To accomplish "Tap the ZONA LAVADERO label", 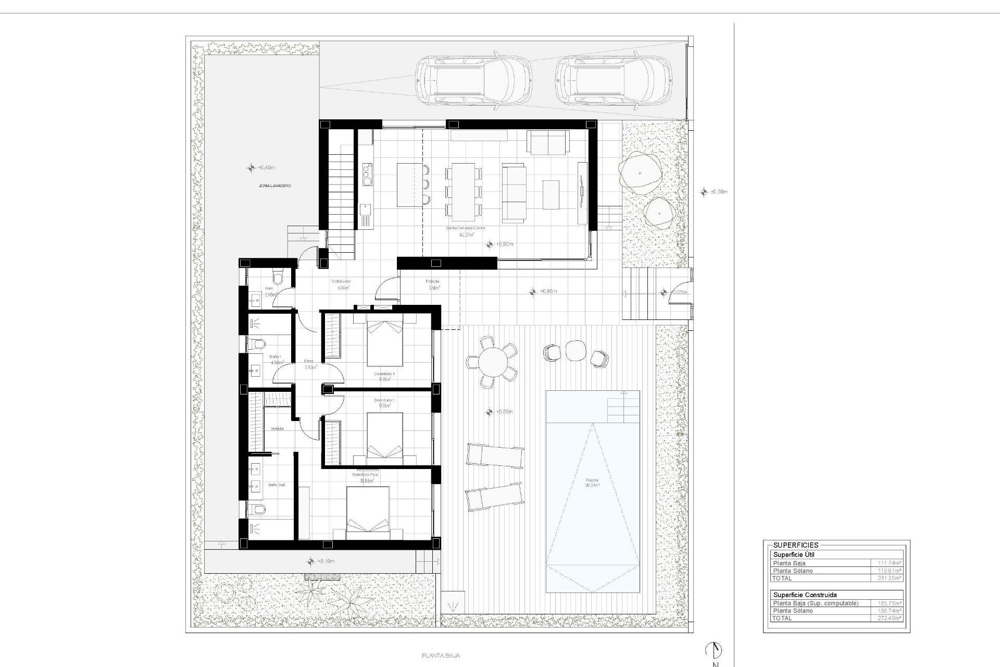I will click(x=274, y=186).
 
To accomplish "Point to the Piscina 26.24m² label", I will click(x=592, y=483).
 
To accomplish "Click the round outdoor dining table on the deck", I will click(x=492, y=361).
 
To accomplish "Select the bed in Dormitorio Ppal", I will click(x=368, y=513).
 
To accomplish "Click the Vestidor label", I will click(x=277, y=428).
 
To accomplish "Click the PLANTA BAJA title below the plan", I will click(x=441, y=656).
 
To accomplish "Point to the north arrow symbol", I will click(x=714, y=649).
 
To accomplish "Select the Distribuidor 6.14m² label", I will click(x=341, y=284).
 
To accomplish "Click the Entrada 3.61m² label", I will click(x=433, y=284).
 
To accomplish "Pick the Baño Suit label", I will click(x=277, y=485).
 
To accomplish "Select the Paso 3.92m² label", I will click(x=310, y=364).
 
